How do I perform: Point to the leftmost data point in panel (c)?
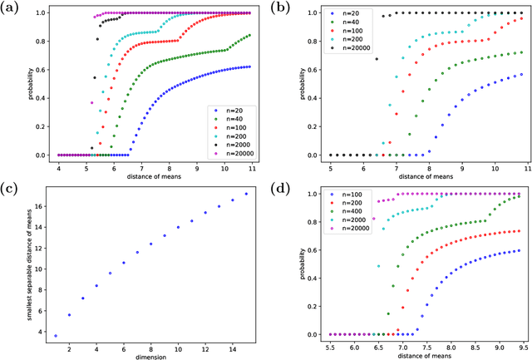pyautogui.click(x=56, y=336)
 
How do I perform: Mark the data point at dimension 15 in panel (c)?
pyautogui.click(x=246, y=194)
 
